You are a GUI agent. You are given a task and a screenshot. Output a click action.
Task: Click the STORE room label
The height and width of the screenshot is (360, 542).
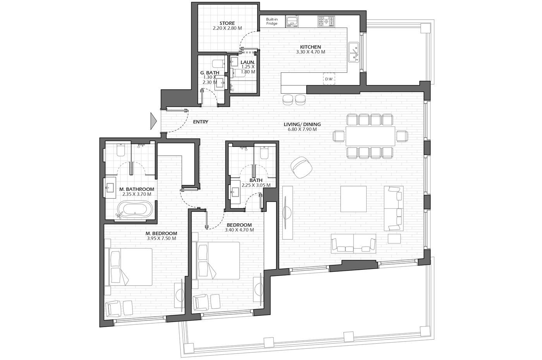(227, 23)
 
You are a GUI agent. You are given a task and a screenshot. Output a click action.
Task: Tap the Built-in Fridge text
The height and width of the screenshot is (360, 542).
(272, 21)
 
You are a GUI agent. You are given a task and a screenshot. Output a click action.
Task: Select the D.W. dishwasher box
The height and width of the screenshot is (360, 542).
(329, 79)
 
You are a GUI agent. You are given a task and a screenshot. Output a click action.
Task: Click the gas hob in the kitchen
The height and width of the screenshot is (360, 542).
(326, 21)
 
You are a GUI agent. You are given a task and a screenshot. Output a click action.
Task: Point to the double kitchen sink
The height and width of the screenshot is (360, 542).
(354, 52)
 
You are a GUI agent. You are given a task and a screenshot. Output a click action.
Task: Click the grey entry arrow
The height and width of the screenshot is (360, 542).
(154, 121)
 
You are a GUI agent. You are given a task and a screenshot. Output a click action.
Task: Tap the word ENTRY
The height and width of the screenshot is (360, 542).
(201, 122)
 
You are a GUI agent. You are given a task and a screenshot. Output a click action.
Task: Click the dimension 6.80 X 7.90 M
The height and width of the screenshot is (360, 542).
(302, 129)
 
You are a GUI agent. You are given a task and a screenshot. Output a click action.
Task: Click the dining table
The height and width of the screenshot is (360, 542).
(370, 136)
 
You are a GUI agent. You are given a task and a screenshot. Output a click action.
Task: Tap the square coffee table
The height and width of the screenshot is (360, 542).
(353, 199)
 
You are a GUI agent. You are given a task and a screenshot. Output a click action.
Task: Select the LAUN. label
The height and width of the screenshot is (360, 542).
(248, 62)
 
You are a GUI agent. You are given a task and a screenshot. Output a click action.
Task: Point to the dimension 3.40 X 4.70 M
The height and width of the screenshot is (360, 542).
(239, 230)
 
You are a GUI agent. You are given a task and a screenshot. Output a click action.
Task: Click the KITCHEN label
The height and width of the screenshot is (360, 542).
(310, 47)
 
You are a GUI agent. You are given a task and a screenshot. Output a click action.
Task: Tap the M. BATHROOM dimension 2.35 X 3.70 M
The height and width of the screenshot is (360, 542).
(137, 194)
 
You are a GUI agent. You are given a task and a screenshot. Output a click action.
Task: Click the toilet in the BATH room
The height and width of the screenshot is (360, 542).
(264, 152)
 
